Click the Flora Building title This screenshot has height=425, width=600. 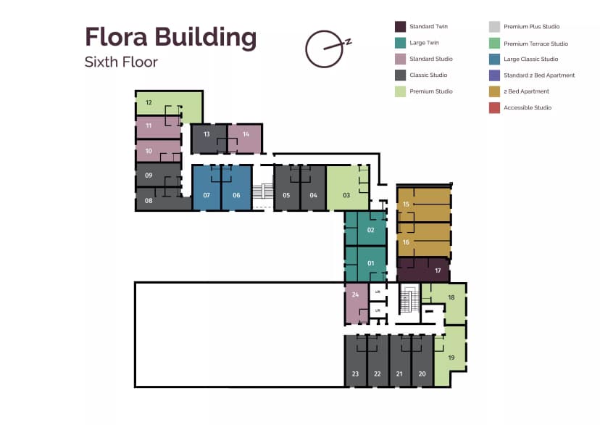(x=170, y=36)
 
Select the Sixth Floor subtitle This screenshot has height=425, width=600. (x=121, y=62)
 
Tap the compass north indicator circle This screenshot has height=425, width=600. (x=322, y=49)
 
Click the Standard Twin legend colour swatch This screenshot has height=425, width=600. (x=400, y=27)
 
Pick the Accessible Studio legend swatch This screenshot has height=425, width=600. (x=494, y=108)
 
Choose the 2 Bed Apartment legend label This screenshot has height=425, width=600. (x=526, y=91)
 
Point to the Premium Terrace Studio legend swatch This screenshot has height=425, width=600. (x=494, y=44)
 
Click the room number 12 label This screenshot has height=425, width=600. (x=149, y=102)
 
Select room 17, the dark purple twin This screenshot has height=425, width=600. (x=424, y=271)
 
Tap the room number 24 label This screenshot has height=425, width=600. (x=355, y=294)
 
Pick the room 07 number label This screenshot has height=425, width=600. (x=207, y=196)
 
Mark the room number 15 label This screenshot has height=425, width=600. (x=406, y=205)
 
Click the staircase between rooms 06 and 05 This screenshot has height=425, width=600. (x=262, y=192)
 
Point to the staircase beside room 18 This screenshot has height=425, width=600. (x=409, y=299)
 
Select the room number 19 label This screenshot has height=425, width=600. (x=451, y=358)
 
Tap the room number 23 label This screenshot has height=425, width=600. (x=355, y=374)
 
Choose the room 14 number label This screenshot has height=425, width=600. (x=246, y=134)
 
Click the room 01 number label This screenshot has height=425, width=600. (x=370, y=263)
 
